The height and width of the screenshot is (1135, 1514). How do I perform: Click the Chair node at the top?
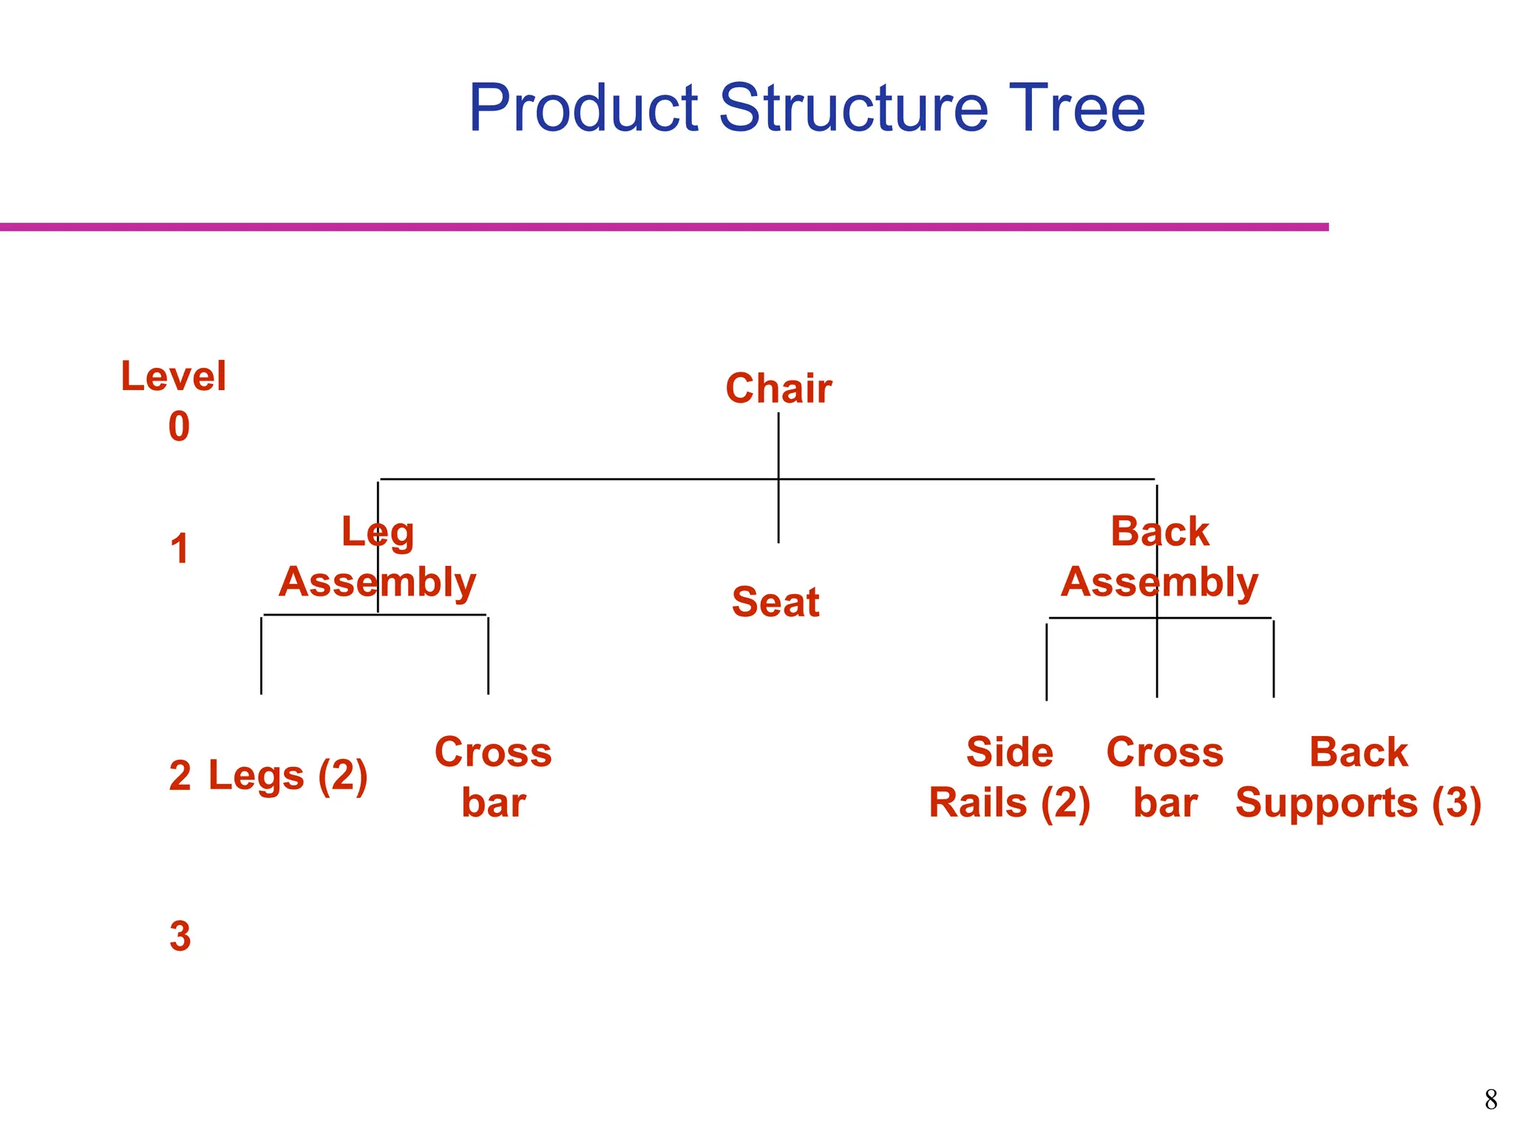[x=778, y=389]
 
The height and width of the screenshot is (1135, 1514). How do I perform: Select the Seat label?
[x=775, y=601]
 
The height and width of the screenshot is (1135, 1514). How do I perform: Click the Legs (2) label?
[x=288, y=776]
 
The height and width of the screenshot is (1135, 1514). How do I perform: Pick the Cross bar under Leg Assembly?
[x=493, y=777]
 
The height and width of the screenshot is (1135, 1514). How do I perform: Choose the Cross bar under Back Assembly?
[x=1164, y=777]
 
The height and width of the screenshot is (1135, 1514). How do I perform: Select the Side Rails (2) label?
[x=1009, y=777]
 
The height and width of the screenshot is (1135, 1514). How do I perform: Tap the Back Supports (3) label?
[x=1358, y=777]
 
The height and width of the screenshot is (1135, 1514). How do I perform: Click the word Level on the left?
[x=174, y=376]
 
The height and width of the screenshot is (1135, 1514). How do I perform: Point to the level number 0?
[x=179, y=426]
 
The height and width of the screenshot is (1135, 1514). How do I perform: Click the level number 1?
[x=180, y=549]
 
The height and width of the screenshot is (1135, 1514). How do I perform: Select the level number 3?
[x=180, y=936]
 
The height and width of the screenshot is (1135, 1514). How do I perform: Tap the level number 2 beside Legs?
[x=180, y=776]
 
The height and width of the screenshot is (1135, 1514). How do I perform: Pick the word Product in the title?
[x=584, y=108]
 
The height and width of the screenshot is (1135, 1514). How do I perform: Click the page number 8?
[x=1490, y=1100]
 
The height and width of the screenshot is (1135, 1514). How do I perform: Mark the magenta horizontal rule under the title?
[x=665, y=227]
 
